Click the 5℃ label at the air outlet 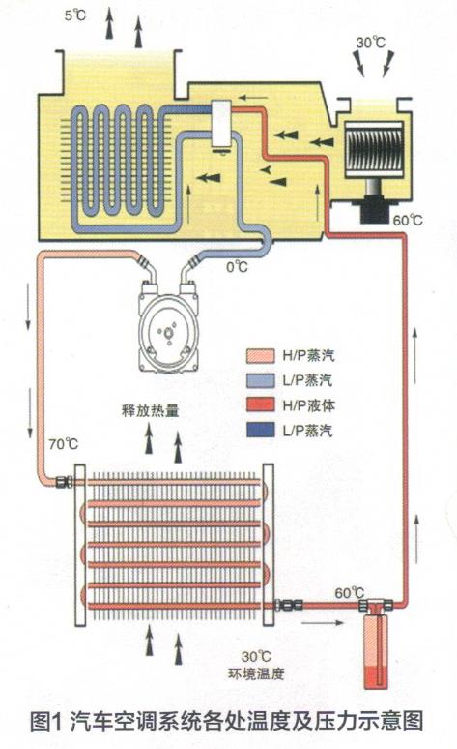(x=75, y=15)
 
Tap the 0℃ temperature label (x=237, y=267)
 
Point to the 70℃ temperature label (x=64, y=444)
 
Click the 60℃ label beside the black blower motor (x=408, y=221)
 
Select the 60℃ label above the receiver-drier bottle (x=349, y=593)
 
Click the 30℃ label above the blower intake (x=371, y=43)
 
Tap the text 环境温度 (x=256, y=674)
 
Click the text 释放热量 (x=150, y=410)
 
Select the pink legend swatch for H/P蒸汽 (x=261, y=356)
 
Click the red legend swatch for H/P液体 (x=261, y=405)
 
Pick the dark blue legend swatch (x=261, y=430)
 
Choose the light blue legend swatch (x=261, y=380)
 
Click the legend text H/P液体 (x=308, y=405)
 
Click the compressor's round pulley (x=169, y=331)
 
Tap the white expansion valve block (x=221, y=124)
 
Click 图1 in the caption (x=46, y=720)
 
